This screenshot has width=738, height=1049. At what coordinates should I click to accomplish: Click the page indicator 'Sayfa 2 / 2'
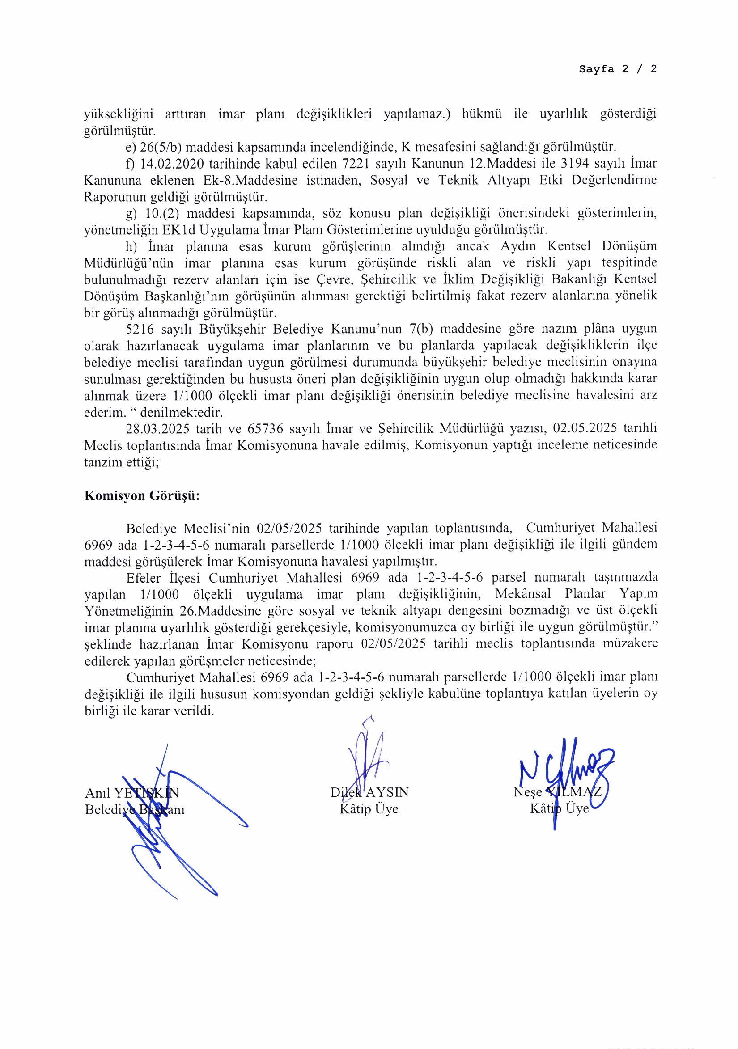[x=617, y=69]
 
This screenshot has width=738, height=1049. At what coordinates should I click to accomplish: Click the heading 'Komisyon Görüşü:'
[x=142, y=496]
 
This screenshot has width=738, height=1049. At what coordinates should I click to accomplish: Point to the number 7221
[x=356, y=164]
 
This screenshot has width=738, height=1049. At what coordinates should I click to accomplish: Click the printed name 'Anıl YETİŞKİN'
[x=131, y=793]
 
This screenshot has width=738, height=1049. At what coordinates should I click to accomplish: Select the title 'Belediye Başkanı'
[x=134, y=810]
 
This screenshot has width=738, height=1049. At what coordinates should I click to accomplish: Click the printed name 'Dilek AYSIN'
[x=369, y=792]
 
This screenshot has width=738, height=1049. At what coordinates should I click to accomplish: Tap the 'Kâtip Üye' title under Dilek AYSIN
[x=369, y=809]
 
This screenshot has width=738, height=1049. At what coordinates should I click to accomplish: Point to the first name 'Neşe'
[x=527, y=792]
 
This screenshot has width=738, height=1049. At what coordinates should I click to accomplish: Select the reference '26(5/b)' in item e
[x=161, y=147]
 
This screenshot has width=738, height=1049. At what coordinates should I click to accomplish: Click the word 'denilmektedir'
[x=181, y=413]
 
